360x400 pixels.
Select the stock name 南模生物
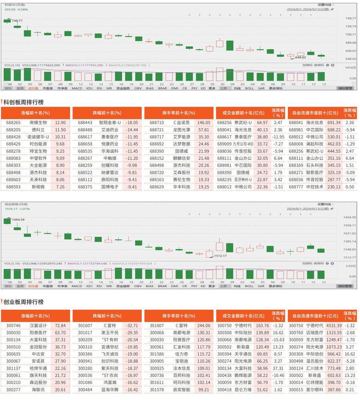click(x=38, y=122)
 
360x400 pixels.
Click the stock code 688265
click(x=13, y=122)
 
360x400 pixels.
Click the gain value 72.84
click(x=60, y=326)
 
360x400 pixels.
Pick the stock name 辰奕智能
click(x=182, y=390)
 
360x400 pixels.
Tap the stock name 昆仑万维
click(x=243, y=390)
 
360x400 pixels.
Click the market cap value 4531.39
click(x=334, y=326)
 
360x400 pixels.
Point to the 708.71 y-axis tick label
click(x=350, y=34)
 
